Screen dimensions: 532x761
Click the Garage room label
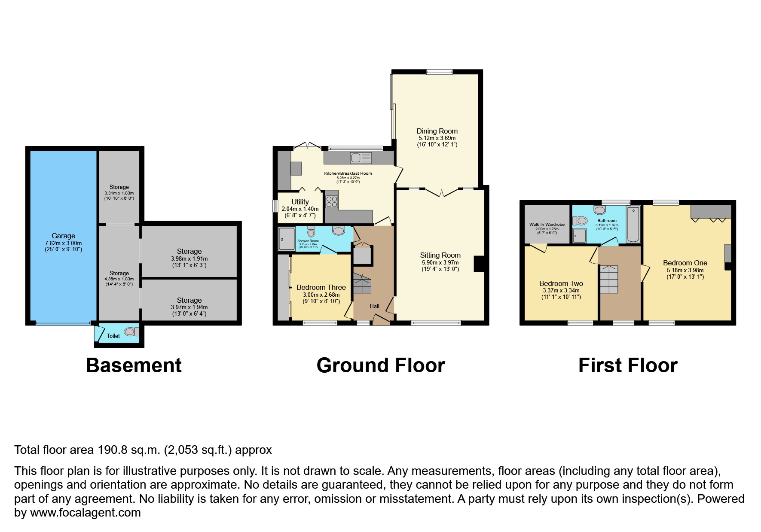pos(63,236)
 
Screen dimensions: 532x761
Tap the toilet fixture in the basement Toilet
pos(131,331)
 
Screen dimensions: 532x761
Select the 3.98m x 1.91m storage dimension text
pos(189,259)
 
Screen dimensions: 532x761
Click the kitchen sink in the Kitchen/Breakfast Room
pos(360,158)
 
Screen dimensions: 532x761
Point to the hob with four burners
pos(332,202)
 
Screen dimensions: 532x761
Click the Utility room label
pos(300,202)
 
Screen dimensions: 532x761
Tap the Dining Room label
pos(437,131)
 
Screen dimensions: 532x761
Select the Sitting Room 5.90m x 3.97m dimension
pos(440,262)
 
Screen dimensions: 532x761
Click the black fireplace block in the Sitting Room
pos(479,264)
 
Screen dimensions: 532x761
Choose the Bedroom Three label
pos(321,287)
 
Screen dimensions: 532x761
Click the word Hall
pos(374,306)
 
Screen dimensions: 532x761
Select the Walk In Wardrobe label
pos(547,224)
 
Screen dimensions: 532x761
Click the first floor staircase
pos(608,279)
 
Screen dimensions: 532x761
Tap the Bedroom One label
pos(685,263)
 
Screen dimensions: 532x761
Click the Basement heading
pos(134,365)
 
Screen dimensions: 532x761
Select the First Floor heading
pos(627,365)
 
